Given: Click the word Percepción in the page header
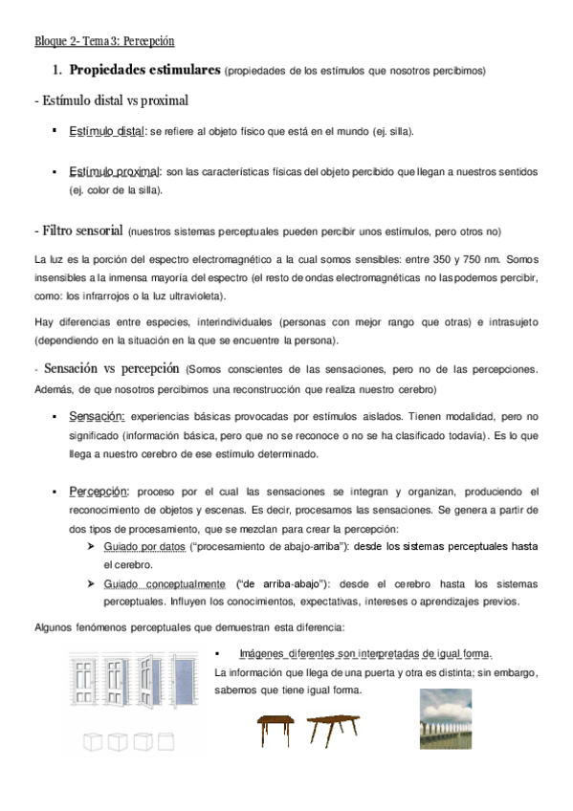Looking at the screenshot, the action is point(149,41).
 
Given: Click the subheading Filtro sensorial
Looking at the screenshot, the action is point(80,231).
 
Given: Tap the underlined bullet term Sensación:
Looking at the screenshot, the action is point(97,417).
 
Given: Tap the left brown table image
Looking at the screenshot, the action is point(276,730).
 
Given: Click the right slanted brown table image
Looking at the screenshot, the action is point(332,730).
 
